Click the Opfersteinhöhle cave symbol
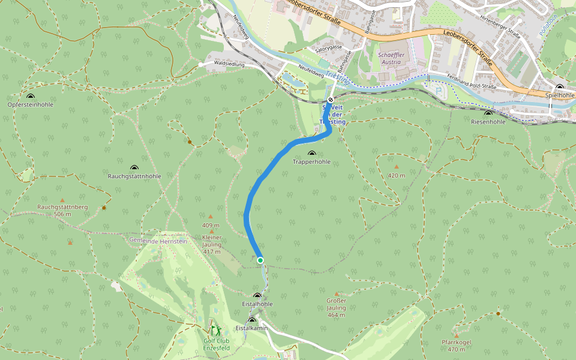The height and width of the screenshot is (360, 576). [x=31, y=96]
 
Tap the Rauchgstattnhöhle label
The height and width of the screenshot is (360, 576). [x=134, y=176]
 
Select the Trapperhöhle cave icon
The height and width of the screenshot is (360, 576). [x=311, y=154]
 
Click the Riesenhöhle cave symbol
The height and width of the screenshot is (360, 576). [x=488, y=113]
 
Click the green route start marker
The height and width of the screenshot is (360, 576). [x=260, y=260]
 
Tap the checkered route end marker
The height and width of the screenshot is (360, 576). [x=331, y=100]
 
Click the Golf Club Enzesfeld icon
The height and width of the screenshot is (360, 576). [x=215, y=331]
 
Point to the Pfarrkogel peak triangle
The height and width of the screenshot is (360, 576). [x=457, y=336]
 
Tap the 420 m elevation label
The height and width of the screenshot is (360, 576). [x=397, y=175]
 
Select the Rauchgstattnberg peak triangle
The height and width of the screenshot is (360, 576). [x=62, y=200]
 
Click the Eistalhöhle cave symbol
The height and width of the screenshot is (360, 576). [x=258, y=296]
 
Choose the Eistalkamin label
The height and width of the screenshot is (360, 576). [x=251, y=328]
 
